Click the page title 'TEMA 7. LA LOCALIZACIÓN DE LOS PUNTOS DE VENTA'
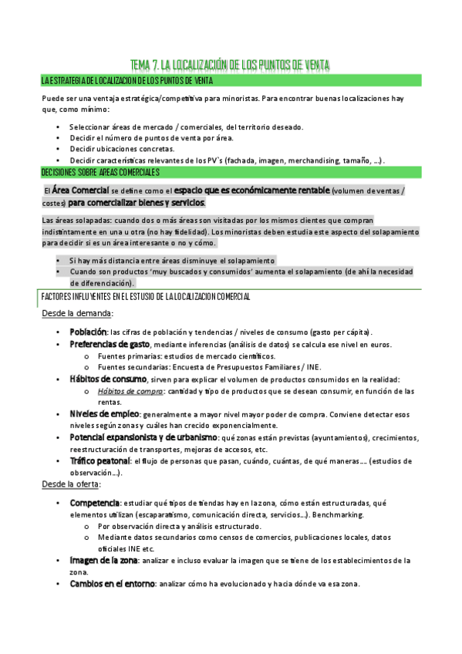coord(231,66)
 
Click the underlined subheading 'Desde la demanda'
coord(76,313)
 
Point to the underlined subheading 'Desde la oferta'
coord(72,485)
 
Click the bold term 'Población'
coord(94,331)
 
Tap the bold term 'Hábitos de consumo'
coord(108,379)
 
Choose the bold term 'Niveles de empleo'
coord(104,413)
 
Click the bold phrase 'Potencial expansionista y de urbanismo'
coord(143,437)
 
